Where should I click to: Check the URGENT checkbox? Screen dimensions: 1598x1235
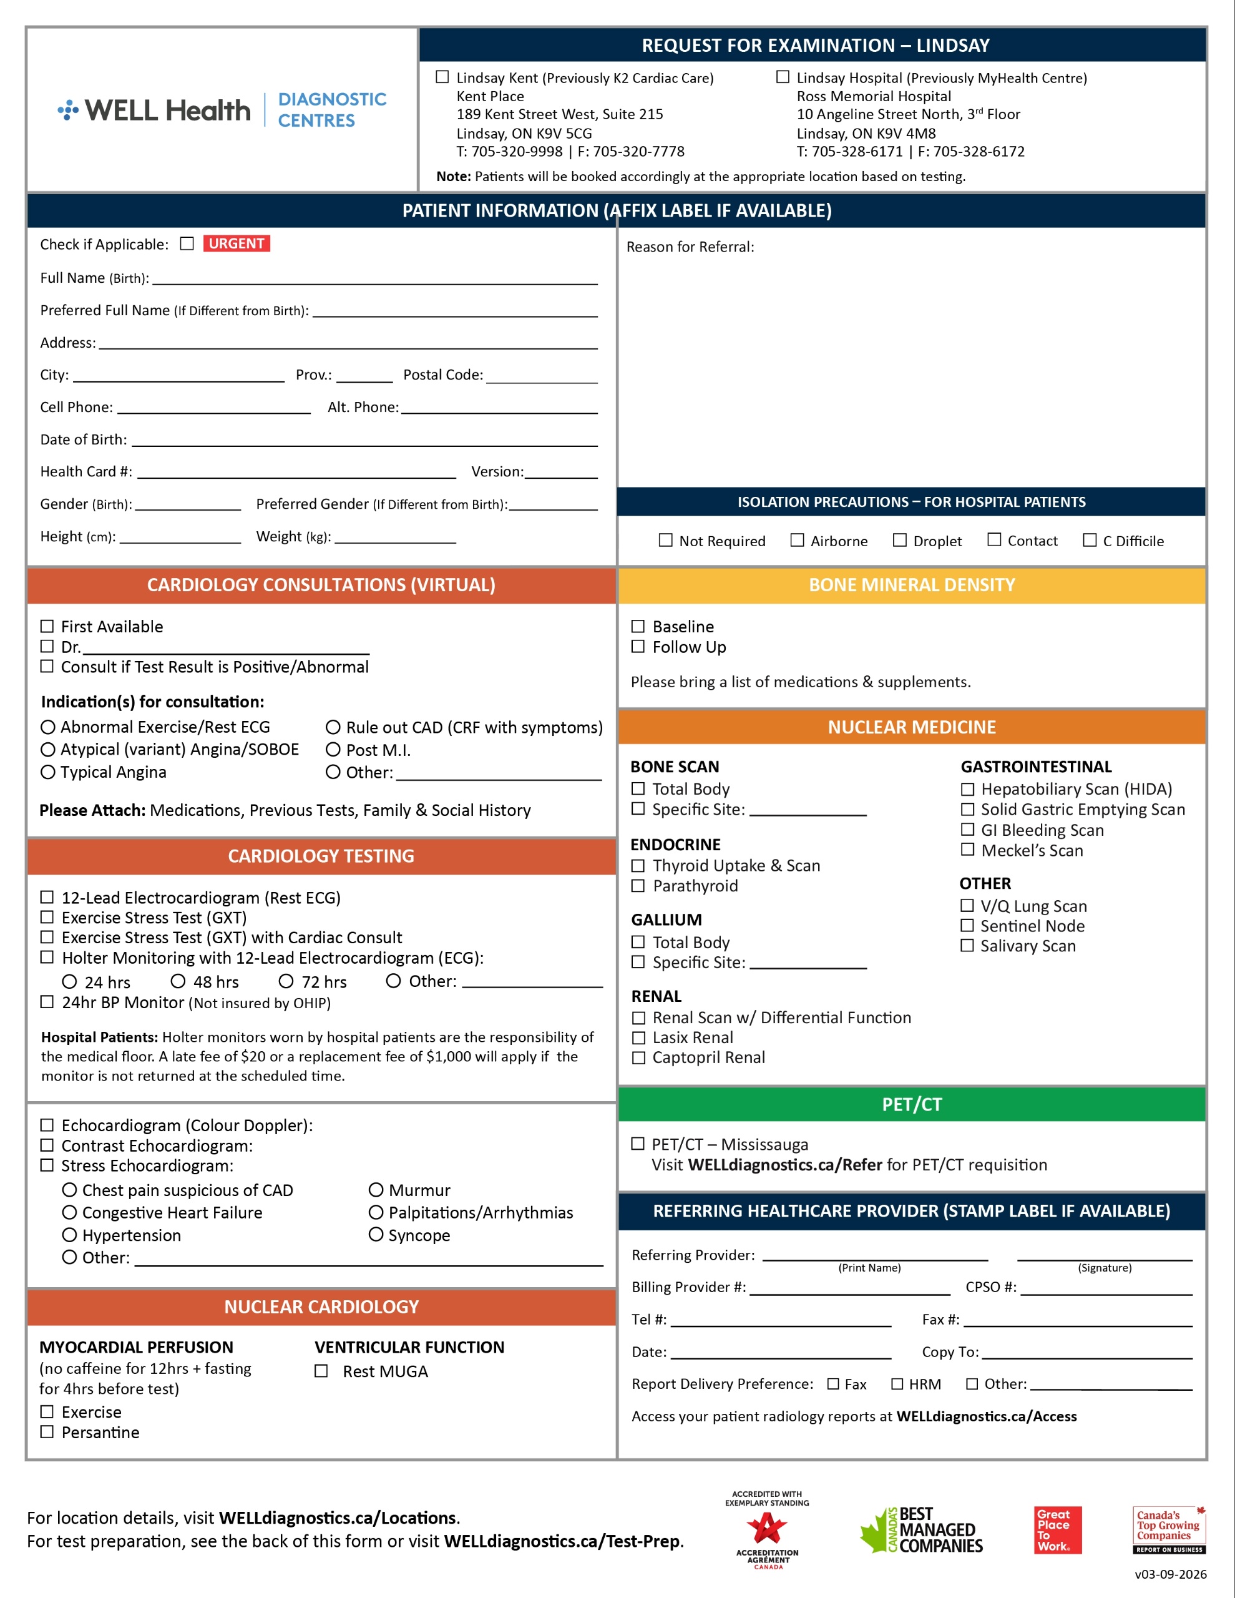click(187, 243)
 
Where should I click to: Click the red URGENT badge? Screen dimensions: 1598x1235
click(237, 243)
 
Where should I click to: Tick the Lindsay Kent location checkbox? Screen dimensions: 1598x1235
click(442, 77)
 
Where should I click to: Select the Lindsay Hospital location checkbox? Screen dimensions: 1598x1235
click(783, 77)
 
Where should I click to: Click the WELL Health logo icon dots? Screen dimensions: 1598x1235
click(68, 110)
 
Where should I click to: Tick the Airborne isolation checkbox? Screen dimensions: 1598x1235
click(797, 540)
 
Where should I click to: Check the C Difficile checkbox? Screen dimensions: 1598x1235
click(1090, 540)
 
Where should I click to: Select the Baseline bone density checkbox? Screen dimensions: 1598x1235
click(638, 626)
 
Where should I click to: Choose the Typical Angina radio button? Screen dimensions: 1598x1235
click(48, 772)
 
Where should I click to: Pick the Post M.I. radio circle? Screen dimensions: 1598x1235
click(333, 749)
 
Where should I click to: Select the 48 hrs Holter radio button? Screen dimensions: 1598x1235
click(178, 981)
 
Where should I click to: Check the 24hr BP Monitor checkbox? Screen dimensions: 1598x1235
click(47, 1002)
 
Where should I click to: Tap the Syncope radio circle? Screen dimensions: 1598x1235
click(376, 1234)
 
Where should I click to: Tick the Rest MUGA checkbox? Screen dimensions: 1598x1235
click(321, 1370)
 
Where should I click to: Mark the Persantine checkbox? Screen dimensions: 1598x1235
click(47, 1431)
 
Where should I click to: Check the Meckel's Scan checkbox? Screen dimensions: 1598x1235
click(967, 850)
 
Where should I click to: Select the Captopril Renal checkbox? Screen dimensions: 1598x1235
click(638, 1057)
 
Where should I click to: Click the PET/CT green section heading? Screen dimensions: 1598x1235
click(912, 1104)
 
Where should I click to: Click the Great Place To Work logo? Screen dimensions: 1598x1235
click(1057, 1529)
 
